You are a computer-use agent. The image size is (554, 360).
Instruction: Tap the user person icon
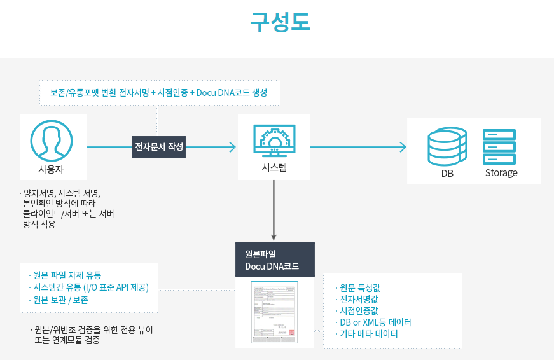click(x=51, y=141)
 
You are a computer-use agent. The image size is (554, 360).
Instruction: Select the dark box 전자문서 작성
click(x=159, y=147)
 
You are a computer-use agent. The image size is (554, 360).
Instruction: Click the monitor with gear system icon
click(x=274, y=140)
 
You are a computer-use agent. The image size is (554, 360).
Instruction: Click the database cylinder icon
click(x=447, y=146)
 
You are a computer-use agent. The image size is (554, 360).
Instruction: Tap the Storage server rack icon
click(x=499, y=147)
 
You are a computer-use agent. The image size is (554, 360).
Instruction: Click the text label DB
click(x=447, y=173)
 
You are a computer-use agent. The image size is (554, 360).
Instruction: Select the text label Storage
click(x=501, y=173)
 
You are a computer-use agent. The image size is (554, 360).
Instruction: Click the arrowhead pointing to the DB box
click(x=403, y=148)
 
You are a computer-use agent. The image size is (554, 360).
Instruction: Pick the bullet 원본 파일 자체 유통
click(x=67, y=275)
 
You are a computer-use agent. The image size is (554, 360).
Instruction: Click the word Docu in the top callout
click(x=206, y=93)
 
